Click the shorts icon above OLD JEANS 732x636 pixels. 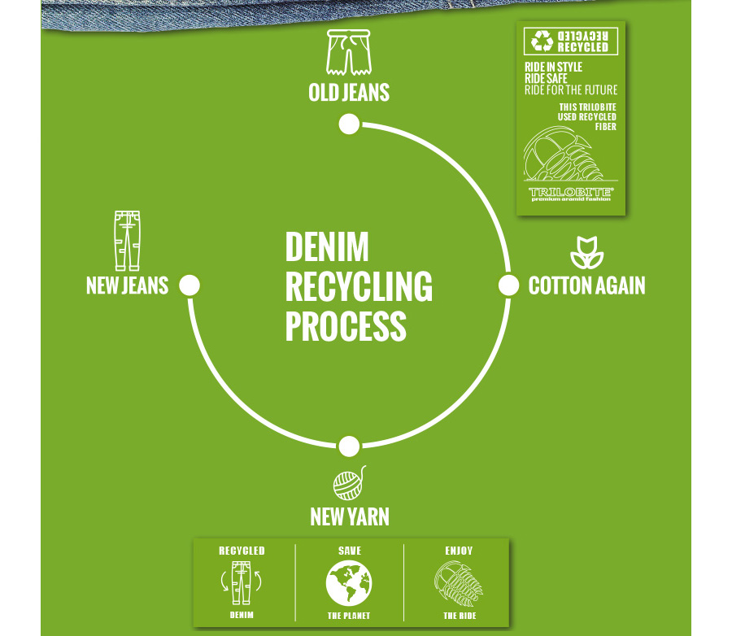[348, 53]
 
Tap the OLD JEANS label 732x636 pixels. [349, 93]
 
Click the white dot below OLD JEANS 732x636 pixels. [349, 124]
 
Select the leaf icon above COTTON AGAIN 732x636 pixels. [586, 253]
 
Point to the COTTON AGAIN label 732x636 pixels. [586, 285]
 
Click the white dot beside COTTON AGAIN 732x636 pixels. [508, 285]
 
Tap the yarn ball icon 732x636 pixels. [349, 484]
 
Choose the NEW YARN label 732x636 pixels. [349, 516]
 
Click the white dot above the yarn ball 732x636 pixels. [349, 447]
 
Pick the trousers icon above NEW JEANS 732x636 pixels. [127, 241]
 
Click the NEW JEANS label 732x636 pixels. [127, 285]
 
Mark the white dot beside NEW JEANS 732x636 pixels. [190, 285]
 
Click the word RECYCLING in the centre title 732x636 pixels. [359, 287]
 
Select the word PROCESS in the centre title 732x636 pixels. [345, 326]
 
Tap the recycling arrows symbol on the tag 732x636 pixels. [542, 41]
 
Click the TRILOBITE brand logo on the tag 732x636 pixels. [571, 193]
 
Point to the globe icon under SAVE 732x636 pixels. [349, 584]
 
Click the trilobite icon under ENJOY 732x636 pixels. [459, 584]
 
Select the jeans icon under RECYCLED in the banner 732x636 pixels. [242, 582]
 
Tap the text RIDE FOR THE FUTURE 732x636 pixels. [571, 90]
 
